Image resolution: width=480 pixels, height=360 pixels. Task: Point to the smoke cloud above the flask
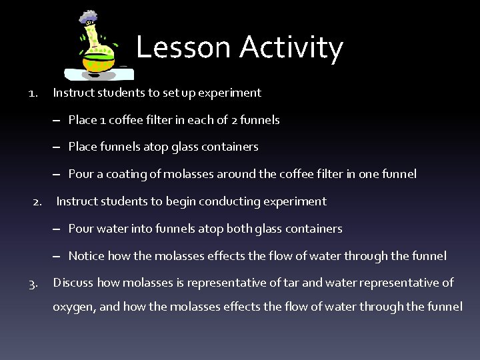pos(87,18)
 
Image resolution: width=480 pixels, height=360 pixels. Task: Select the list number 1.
pos(33,93)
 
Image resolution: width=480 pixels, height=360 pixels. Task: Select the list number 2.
pos(38,201)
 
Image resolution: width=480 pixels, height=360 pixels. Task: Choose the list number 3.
pos(33,283)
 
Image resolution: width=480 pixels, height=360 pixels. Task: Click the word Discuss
pos(73,283)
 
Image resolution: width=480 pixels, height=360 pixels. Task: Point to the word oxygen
pos(73,307)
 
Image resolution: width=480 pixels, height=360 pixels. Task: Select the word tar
pos(291,283)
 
